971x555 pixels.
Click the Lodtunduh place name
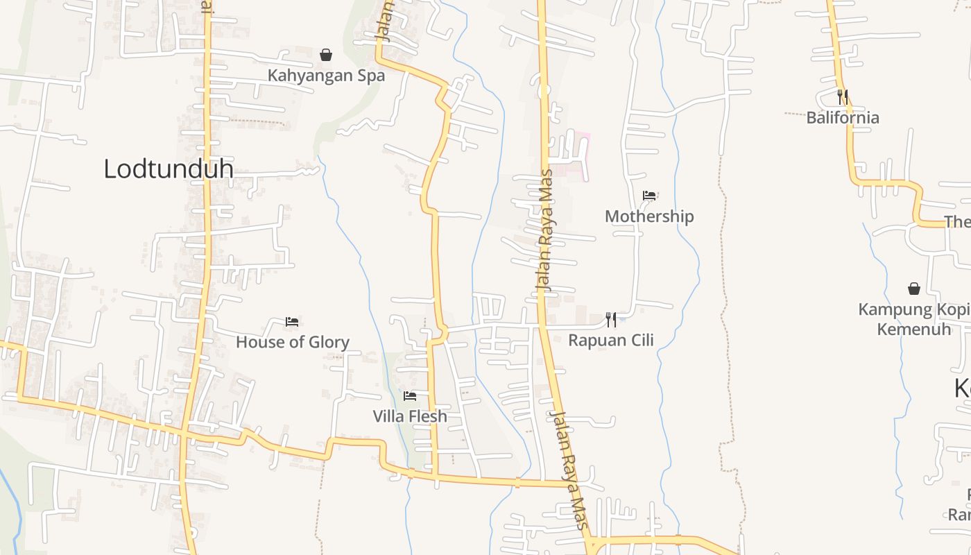[x=168, y=169]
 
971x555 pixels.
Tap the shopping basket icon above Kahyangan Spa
[x=326, y=55]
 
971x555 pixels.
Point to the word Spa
[x=369, y=76]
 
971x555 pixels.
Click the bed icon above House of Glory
[x=292, y=322]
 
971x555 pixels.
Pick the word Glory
[x=327, y=342]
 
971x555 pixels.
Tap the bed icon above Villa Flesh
[x=410, y=396]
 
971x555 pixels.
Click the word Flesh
[x=427, y=416]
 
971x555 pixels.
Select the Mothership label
[x=649, y=216]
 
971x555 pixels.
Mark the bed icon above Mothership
[x=649, y=196]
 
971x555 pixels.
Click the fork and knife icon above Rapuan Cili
[x=611, y=319]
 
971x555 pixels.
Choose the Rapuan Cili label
[x=611, y=340]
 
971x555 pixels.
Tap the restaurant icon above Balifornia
[x=843, y=96]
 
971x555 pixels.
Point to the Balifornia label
[x=843, y=117]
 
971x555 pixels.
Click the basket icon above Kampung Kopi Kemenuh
[x=914, y=289]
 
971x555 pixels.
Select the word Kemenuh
[x=914, y=328]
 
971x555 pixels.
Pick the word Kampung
[x=890, y=309]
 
